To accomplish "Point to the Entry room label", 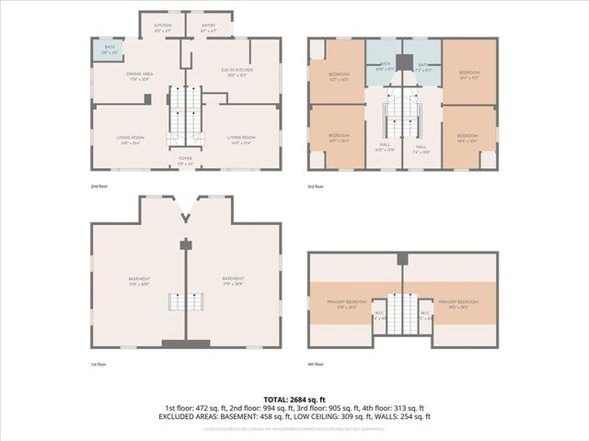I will pos(208,28).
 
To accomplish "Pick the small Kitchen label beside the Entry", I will pos(163,28).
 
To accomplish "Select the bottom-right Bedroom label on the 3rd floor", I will pos(469,139).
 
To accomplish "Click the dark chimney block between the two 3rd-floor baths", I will pos(402,63).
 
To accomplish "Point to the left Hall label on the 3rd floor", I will pos(386,146).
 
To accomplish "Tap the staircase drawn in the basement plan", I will pos(186,301).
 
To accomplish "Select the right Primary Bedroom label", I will pos(457,303).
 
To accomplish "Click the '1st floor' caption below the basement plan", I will pos(99,364).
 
